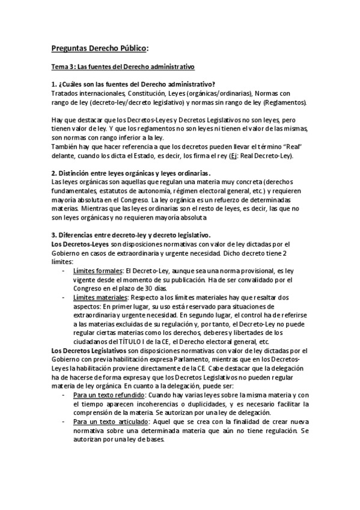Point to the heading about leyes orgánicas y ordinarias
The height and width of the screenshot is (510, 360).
[131, 173]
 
